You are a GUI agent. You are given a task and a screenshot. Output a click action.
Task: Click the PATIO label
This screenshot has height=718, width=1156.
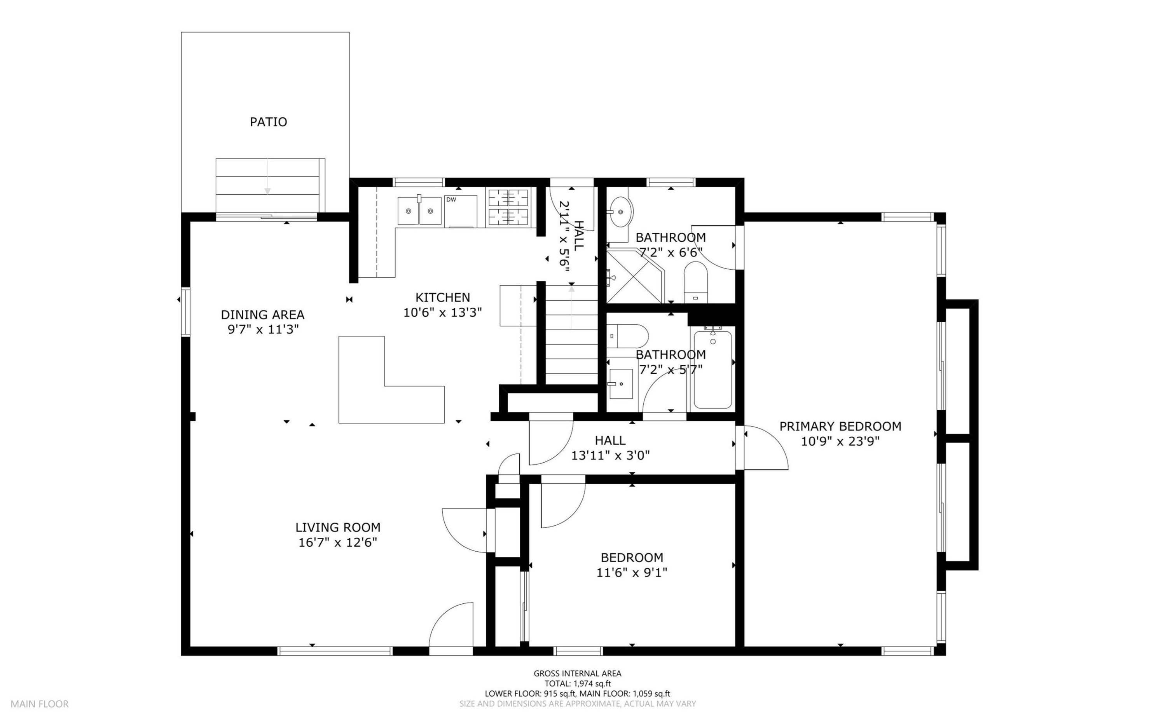pos(268,122)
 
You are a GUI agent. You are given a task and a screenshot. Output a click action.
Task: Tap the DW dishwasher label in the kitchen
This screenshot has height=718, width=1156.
pos(451,199)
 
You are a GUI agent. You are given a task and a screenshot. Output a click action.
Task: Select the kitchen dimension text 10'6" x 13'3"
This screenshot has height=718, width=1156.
pos(443,312)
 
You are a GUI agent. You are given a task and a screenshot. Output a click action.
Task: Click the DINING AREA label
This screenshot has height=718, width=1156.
pos(263,314)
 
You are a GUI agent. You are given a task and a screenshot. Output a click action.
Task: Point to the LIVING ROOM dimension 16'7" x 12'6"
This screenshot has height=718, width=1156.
pos(338,542)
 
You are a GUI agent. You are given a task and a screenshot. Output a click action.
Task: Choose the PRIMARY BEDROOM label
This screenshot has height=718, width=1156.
pos(840,427)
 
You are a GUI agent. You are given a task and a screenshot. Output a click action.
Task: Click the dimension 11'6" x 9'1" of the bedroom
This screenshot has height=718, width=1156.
pos(632,573)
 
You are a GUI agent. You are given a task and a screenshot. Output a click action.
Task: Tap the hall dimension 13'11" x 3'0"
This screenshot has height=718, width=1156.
pos(610,456)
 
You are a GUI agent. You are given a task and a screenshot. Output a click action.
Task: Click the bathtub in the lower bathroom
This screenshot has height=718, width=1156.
pos(712,369)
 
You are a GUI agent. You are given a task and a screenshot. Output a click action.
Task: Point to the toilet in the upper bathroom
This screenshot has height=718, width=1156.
pos(696,282)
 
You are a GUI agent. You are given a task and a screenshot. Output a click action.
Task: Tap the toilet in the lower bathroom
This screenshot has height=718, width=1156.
pos(627,336)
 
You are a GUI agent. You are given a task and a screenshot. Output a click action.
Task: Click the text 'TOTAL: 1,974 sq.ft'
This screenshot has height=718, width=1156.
pos(577,684)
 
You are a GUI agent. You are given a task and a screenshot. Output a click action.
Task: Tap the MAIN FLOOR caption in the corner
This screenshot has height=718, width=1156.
pos(40,704)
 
